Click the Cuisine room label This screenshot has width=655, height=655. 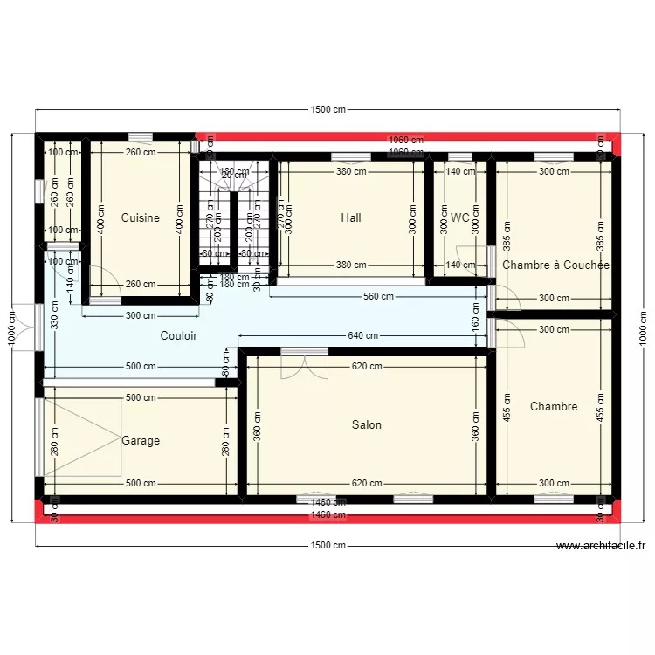(x=140, y=217)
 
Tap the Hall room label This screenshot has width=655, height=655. (x=351, y=217)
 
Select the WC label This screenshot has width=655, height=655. (x=460, y=217)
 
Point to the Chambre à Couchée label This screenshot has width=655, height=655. (x=555, y=265)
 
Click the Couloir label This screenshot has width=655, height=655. (x=178, y=335)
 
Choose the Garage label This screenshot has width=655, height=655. (x=141, y=441)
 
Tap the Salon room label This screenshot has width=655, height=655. (x=367, y=425)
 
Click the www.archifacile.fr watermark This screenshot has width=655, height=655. (x=601, y=547)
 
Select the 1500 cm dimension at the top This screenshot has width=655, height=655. (x=327, y=110)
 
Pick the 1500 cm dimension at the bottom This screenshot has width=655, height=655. (x=327, y=546)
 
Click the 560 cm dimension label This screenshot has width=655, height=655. (x=377, y=297)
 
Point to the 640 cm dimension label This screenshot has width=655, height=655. (x=362, y=335)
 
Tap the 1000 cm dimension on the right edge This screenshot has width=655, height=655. (x=644, y=328)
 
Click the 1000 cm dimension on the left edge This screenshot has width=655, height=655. (x=12, y=328)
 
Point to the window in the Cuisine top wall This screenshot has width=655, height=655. (x=140, y=137)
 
